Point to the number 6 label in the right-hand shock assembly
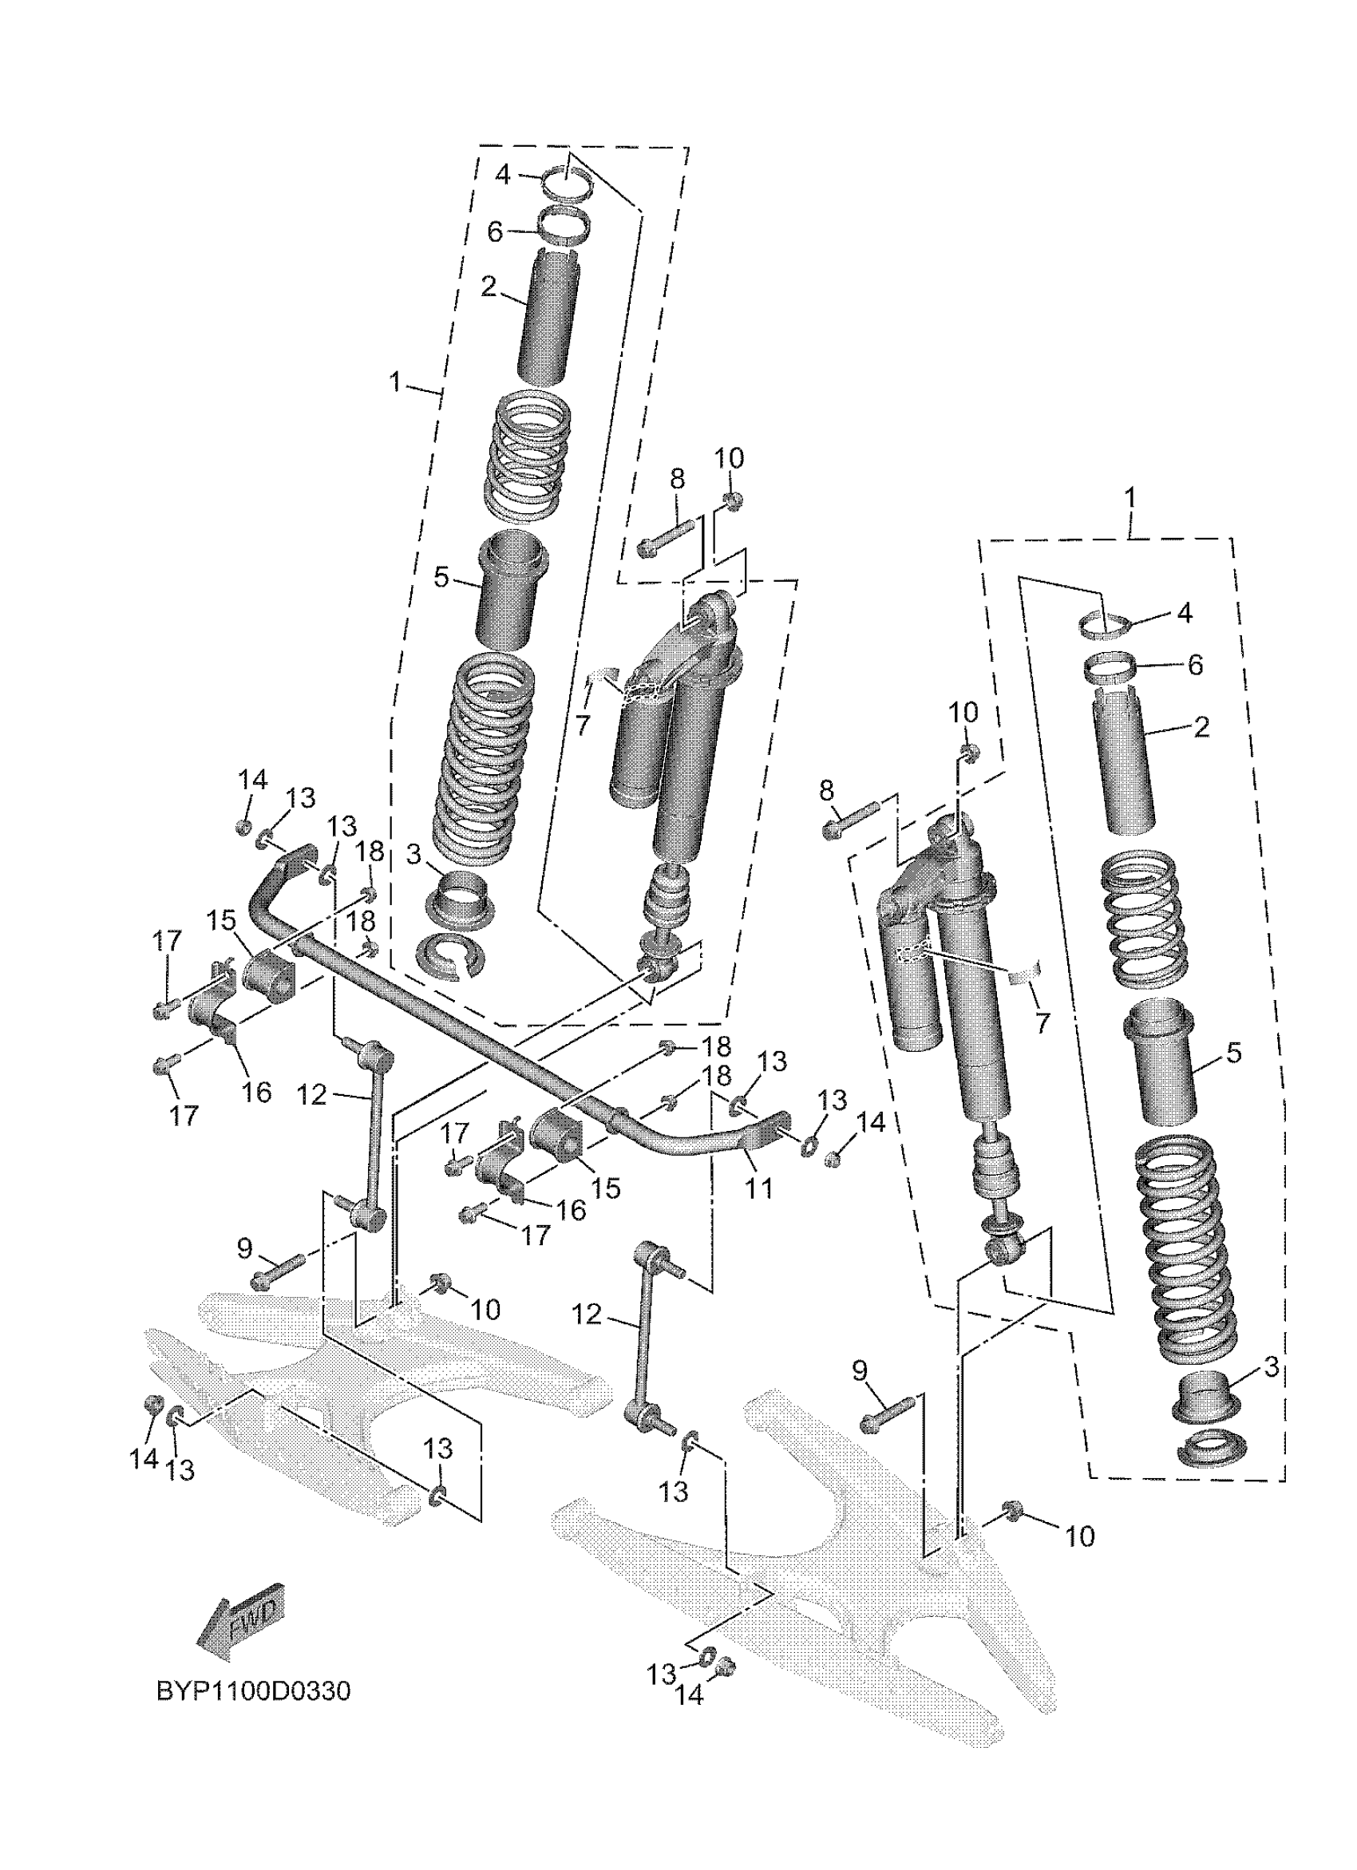[1195, 665]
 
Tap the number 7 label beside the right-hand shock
[1043, 1022]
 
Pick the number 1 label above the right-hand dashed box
[1130, 497]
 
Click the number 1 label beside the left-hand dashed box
[397, 382]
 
